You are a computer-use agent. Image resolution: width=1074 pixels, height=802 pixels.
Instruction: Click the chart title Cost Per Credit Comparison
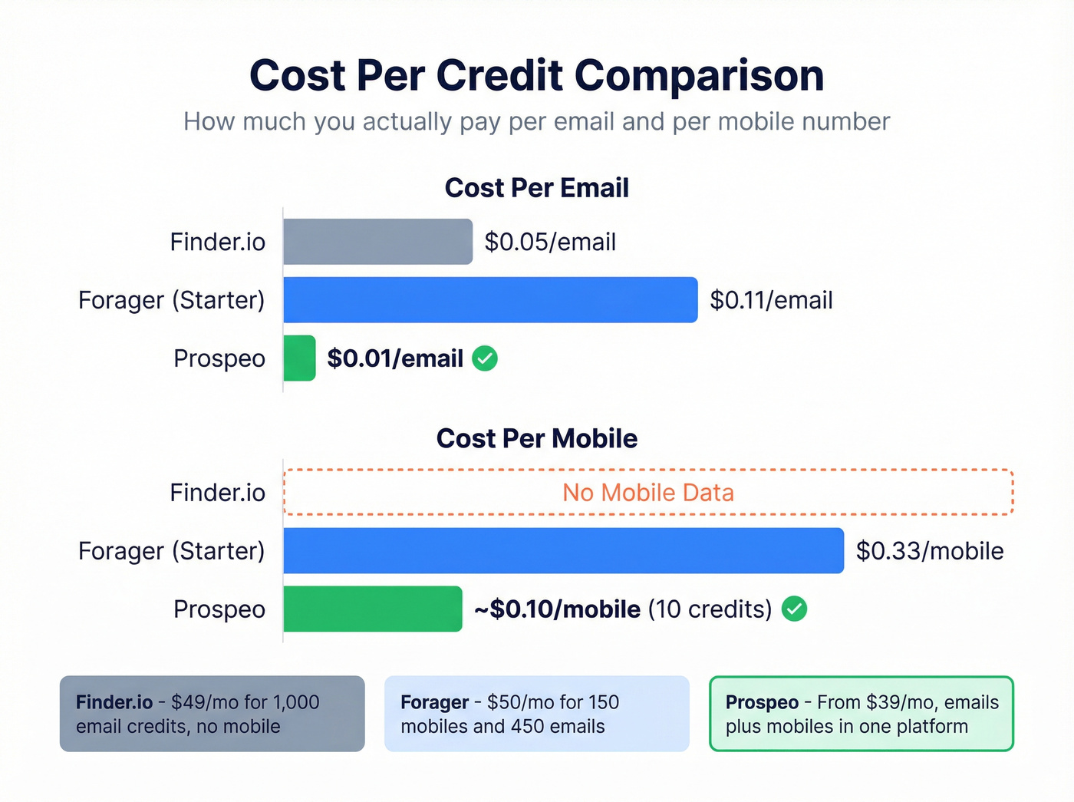536,76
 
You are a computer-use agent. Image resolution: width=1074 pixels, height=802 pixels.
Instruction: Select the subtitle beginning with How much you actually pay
536,122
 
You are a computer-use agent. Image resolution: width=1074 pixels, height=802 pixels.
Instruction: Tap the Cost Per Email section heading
536,188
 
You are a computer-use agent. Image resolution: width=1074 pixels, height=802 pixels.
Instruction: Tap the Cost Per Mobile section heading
536,439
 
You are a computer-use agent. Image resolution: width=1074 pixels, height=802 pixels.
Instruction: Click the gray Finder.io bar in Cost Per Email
377,242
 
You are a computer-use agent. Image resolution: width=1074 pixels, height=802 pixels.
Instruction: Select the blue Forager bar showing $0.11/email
490,300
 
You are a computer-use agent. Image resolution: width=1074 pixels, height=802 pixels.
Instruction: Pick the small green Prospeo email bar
299,358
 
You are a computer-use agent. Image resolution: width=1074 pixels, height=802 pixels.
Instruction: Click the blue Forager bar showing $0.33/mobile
563,551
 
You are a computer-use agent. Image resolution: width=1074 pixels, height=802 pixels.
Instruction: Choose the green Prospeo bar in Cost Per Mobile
373,609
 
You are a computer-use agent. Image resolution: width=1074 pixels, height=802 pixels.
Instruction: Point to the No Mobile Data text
648,493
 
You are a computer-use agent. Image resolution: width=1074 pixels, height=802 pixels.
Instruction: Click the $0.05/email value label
550,243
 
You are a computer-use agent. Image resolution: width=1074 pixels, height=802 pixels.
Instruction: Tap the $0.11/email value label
771,301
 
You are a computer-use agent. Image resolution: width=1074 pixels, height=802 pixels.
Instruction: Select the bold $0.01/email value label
395,359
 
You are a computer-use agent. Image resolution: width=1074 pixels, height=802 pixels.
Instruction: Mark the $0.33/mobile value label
930,551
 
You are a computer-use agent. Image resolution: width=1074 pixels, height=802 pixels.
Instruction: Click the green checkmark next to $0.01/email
485,358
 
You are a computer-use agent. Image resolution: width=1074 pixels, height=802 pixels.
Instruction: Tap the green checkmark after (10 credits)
794,609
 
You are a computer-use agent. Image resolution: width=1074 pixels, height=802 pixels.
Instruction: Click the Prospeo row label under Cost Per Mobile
219,609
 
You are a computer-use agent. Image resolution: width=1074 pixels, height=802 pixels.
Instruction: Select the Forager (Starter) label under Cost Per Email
171,300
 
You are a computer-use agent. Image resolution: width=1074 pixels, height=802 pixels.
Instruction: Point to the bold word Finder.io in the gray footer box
114,702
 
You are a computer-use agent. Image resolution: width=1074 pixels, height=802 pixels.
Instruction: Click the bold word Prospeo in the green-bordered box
762,702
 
